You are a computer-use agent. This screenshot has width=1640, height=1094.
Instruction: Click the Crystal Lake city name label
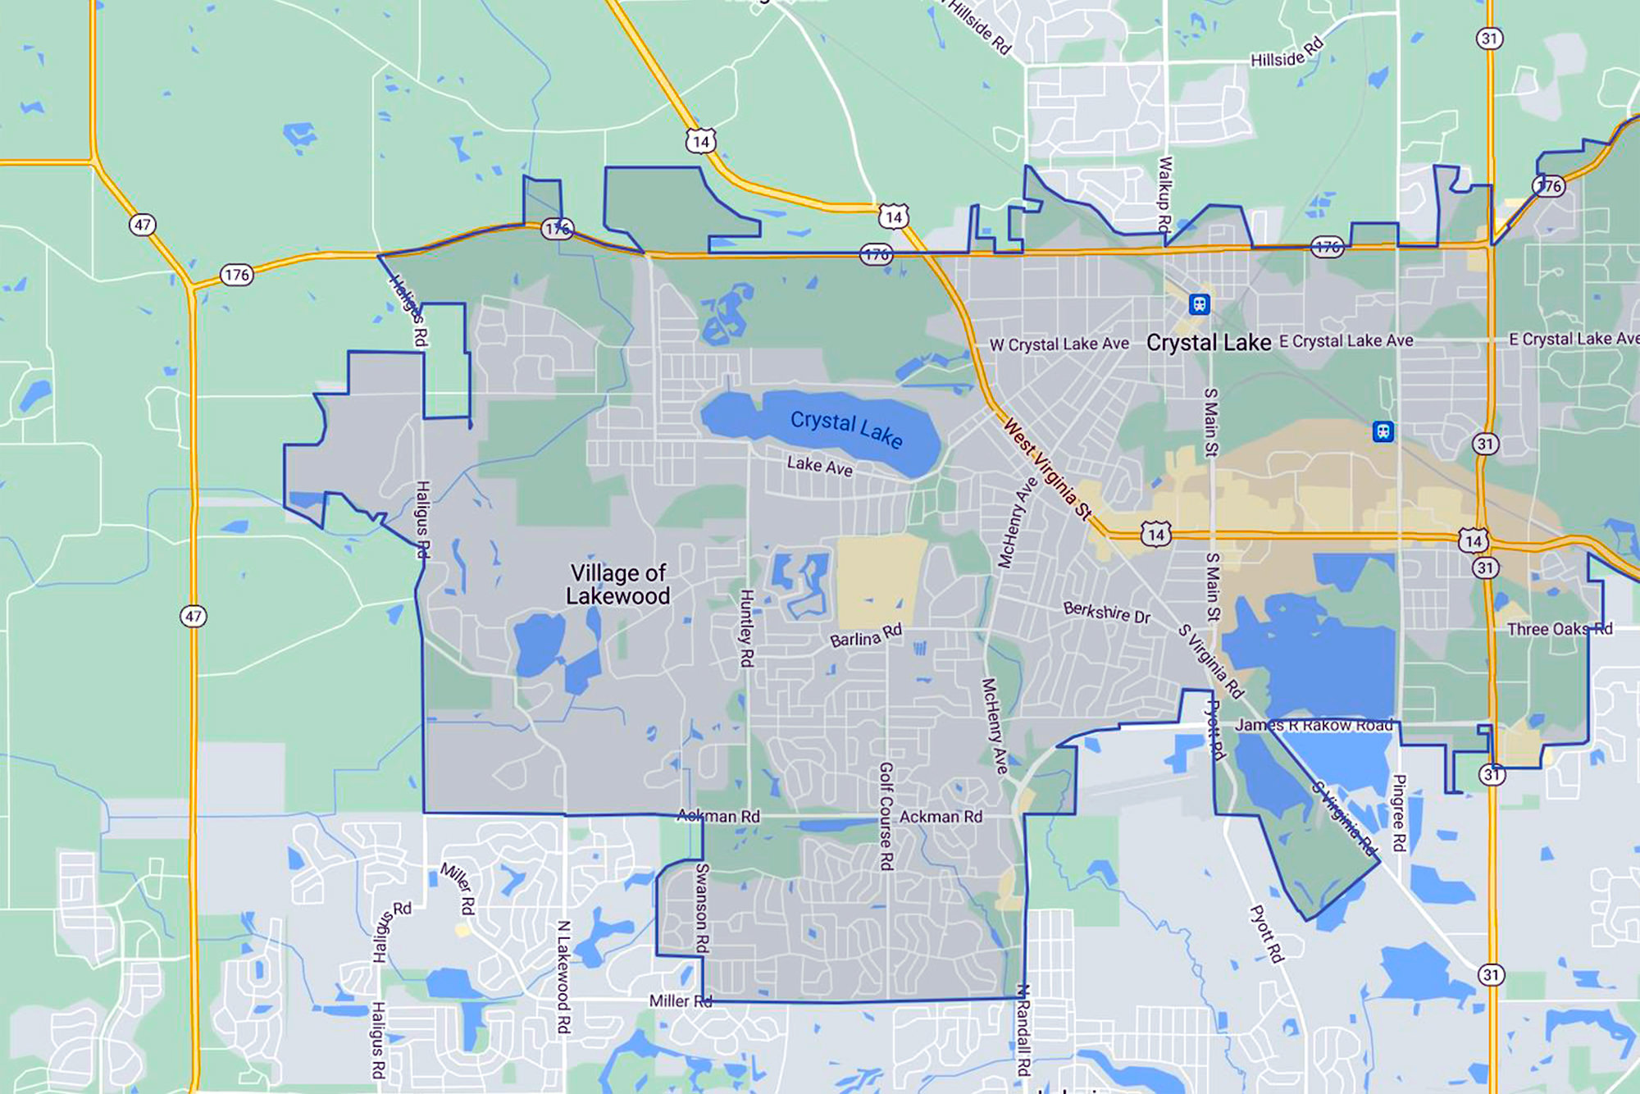pyautogui.click(x=1209, y=343)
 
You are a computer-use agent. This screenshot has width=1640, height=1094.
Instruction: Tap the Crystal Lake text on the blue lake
pyautogui.click(x=846, y=429)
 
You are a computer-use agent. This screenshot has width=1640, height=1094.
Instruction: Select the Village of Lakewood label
pyautogui.click(x=618, y=584)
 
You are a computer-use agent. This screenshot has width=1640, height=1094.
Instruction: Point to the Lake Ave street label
pyautogui.click(x=819, y=466)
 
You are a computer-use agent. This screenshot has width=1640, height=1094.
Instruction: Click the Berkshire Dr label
pyautogui.click(x=1107, y=612)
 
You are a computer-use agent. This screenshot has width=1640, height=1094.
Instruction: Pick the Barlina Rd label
pyautogui.click(x=866, y=636)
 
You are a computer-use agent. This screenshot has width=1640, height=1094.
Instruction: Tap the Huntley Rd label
pyautogui.click(x=747, y=627)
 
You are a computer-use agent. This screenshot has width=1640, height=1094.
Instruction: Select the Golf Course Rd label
pyautogui.click(x=886, y=816)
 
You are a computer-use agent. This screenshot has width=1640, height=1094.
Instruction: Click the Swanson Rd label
pyautogui.click(x=702, y=908)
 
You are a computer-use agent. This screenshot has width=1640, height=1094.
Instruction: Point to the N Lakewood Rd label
pyautogui.click(x=563, y=976)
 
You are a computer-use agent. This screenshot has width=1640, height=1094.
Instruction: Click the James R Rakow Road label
pyautogui.click(x=1314, y=725)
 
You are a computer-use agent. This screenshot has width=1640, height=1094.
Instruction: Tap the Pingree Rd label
pyautogui.click(x=1400, y=813)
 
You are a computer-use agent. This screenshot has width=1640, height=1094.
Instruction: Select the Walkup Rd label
pyautogui.click(x=1164, y=194)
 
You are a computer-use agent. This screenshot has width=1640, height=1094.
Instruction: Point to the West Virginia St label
pyautogui.click(x=1048, y=470)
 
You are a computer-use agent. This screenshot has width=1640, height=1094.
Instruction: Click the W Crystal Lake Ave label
pyautogui.click(x=1059, y=344)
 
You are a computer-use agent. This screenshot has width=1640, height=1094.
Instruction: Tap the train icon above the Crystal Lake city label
pyautogui.click(x=1200, y=304)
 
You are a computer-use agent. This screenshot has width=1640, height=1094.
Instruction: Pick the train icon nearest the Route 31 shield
pyautogui.click(x=1383, y=431)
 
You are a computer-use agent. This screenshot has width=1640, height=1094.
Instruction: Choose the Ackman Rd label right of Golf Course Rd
pyautogui.click(x=941, y=817)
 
